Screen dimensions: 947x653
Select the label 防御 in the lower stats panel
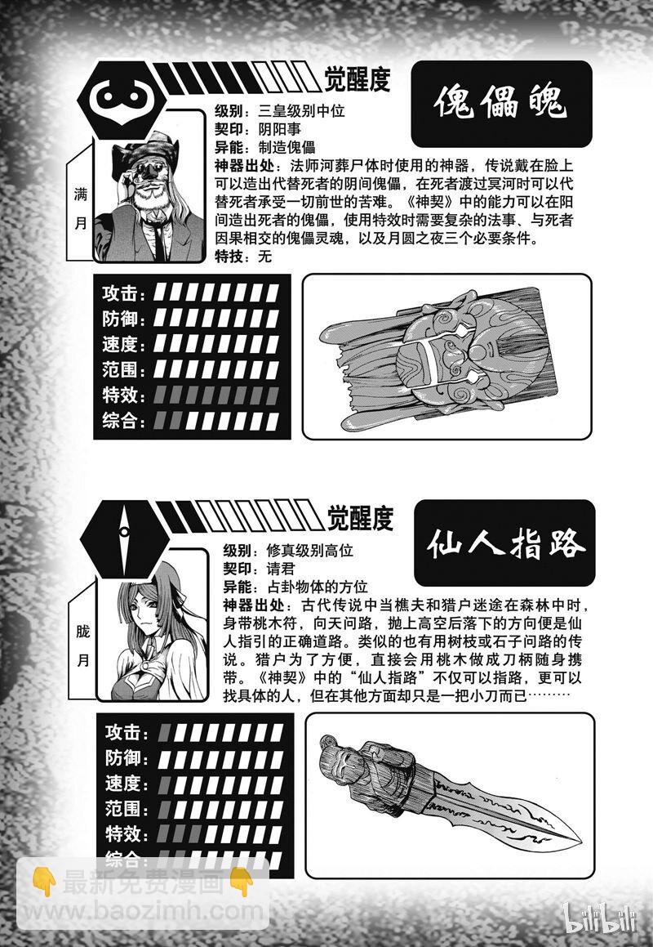point(125,757)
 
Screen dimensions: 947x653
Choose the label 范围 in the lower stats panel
point(125,809)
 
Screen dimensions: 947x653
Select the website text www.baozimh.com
point(147,909)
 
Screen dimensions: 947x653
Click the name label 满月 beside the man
point(80,211)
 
